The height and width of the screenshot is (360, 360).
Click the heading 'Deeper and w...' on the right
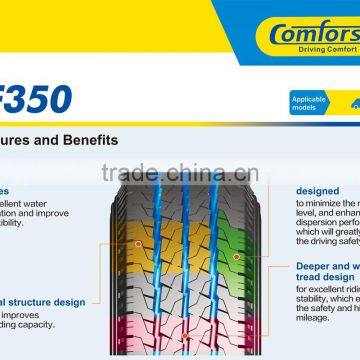[326, 267]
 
